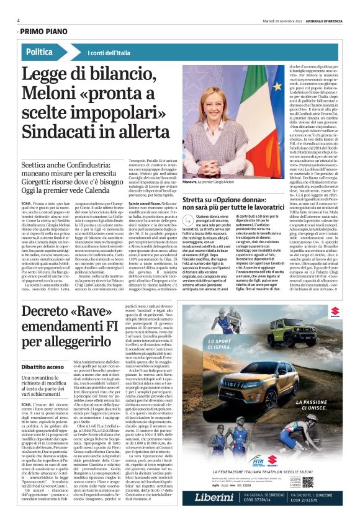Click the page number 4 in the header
(x=19, y=20)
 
